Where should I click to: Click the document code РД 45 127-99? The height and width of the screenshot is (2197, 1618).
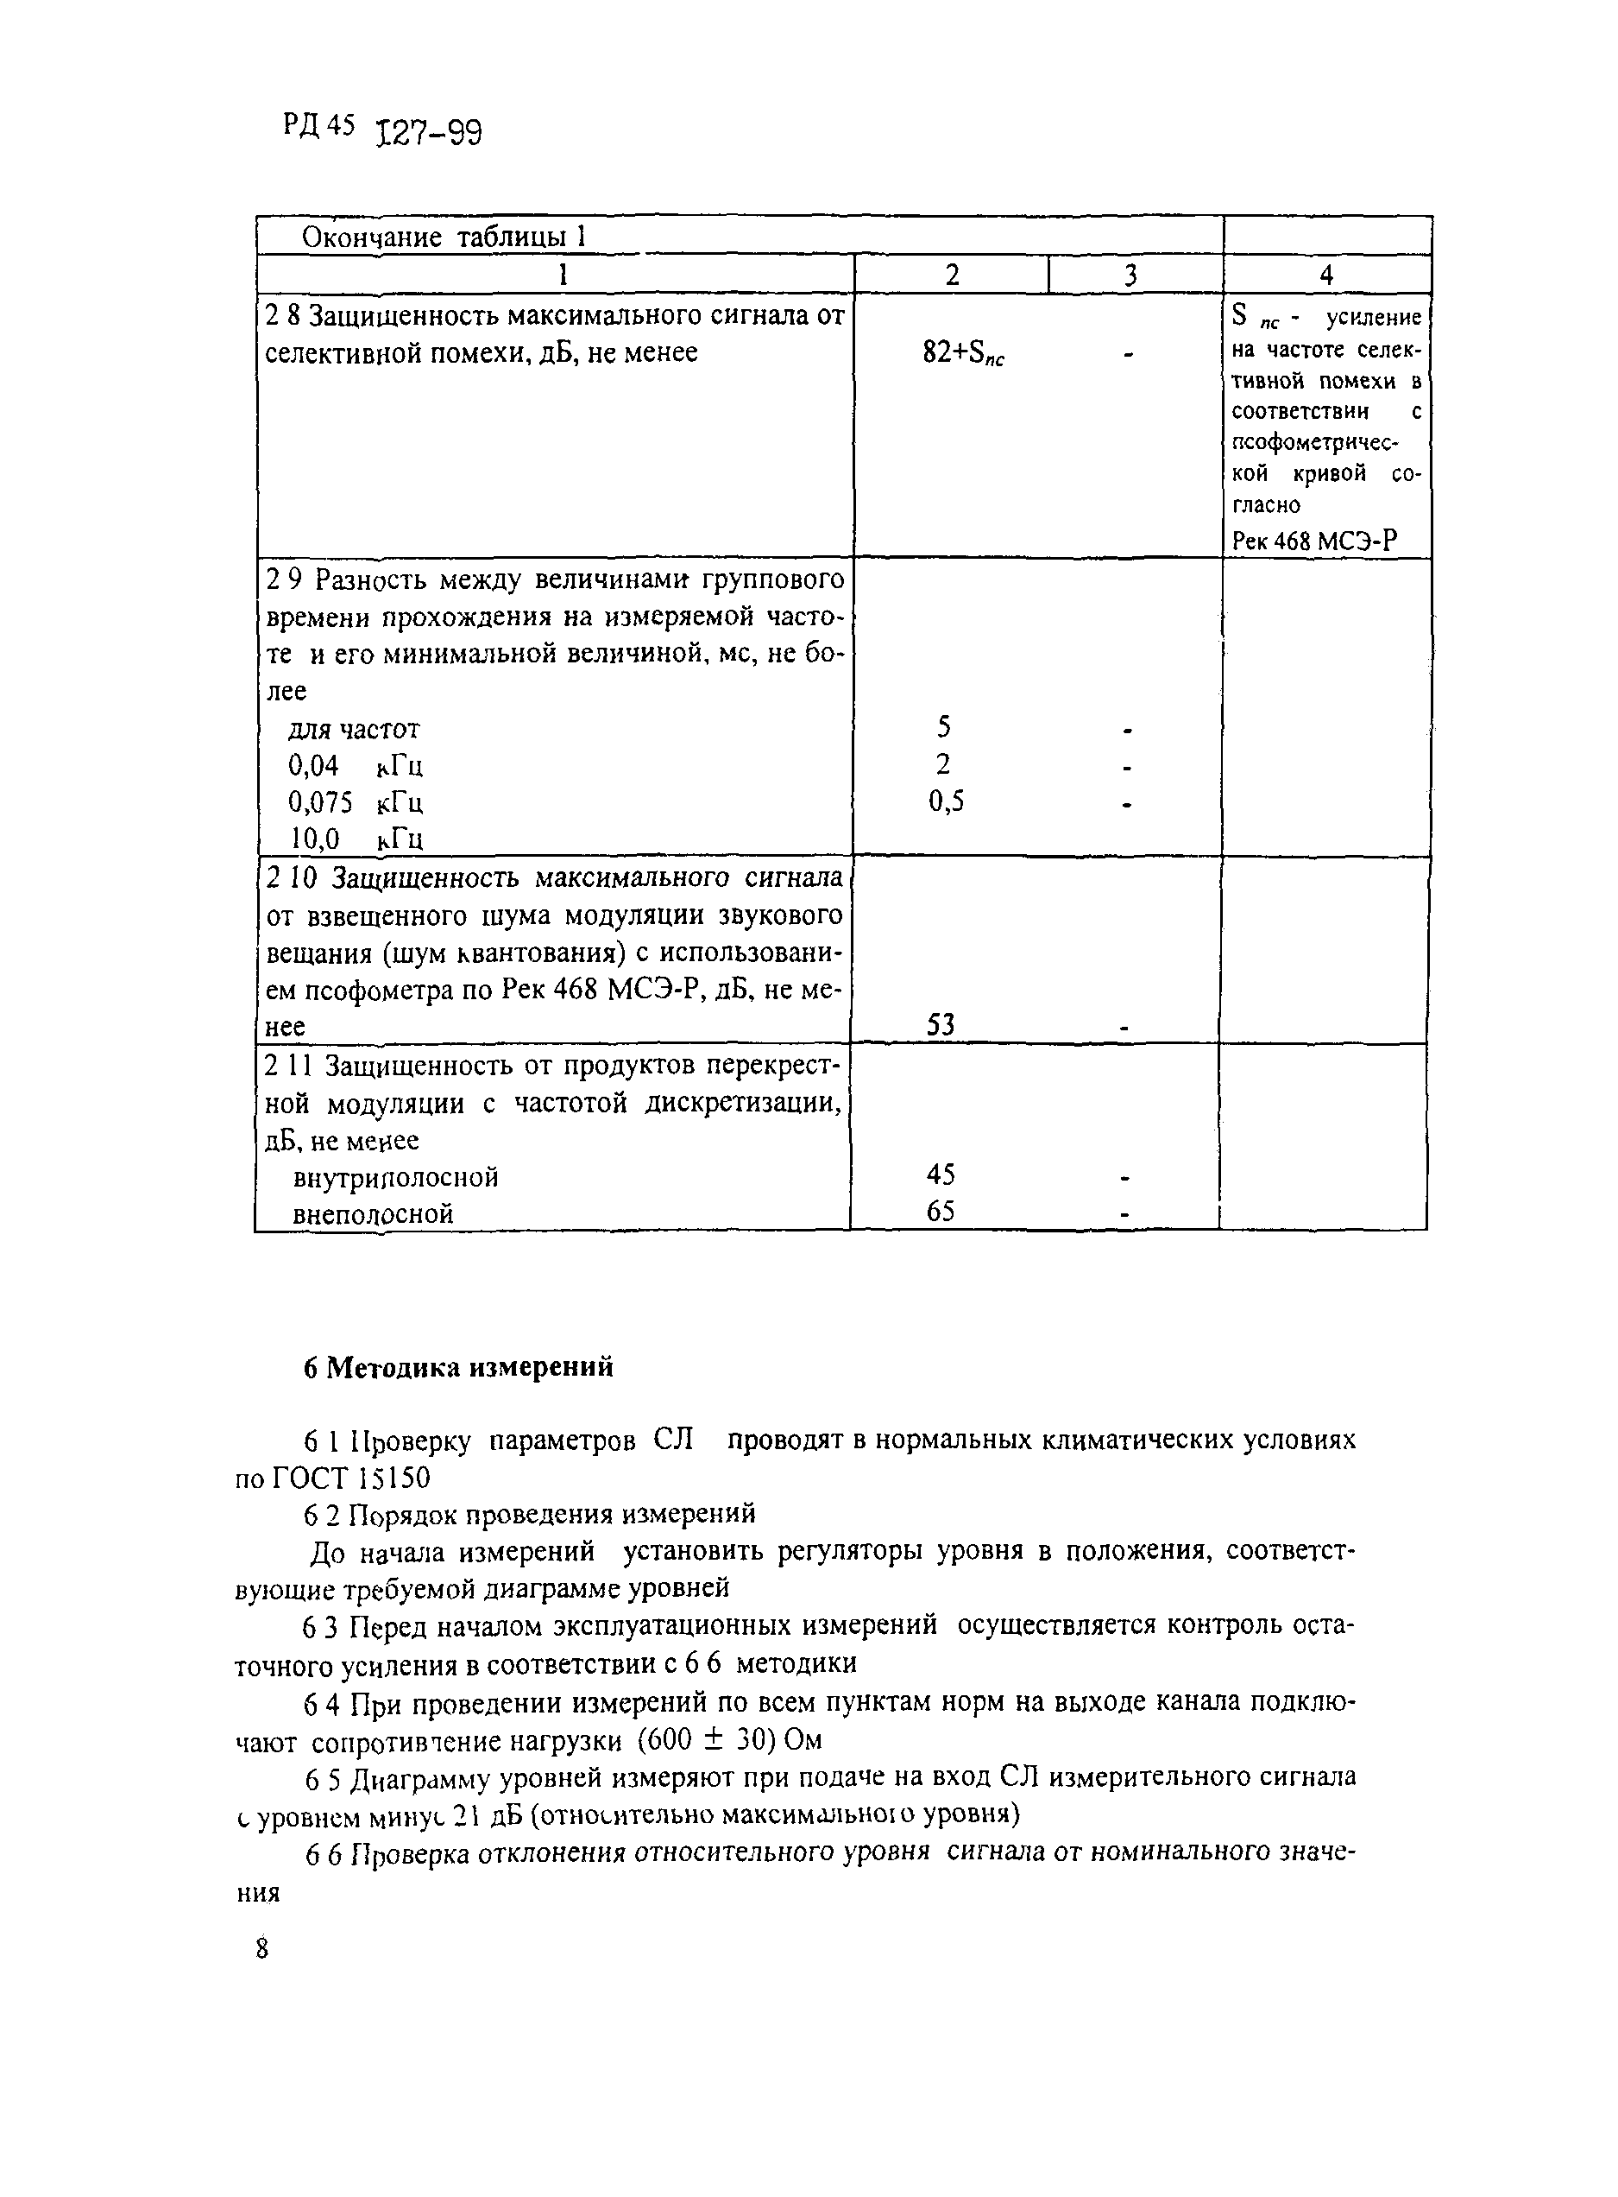pyautogui.click(x=382, y=129)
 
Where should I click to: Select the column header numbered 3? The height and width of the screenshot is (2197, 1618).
pyautogui.click(x=1131, y=275)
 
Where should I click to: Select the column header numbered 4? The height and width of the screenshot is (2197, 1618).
pyautogui.click(x=1326, y=275)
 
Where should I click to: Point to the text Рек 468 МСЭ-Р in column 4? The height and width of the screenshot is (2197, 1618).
pyautogui.click(x=1313, y=540)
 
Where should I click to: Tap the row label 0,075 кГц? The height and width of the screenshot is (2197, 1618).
pyautogui.click(x=355, y=802)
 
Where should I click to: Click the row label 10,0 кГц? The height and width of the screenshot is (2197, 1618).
pyautogui.click(x=356, y=839)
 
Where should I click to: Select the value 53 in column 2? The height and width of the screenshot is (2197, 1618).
pyautogui.click(x=941, y=1025)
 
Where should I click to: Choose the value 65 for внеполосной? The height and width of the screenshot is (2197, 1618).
pyautogui.click(x=941, y=1212)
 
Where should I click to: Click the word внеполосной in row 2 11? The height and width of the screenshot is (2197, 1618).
pyautogui.click(x=373, y=1214)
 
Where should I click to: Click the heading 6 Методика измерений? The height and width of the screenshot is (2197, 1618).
pyautogui.click(x=458, y=1367)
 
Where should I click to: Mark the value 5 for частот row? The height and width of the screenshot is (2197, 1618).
pyautogui.click(x=943, y=727)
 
